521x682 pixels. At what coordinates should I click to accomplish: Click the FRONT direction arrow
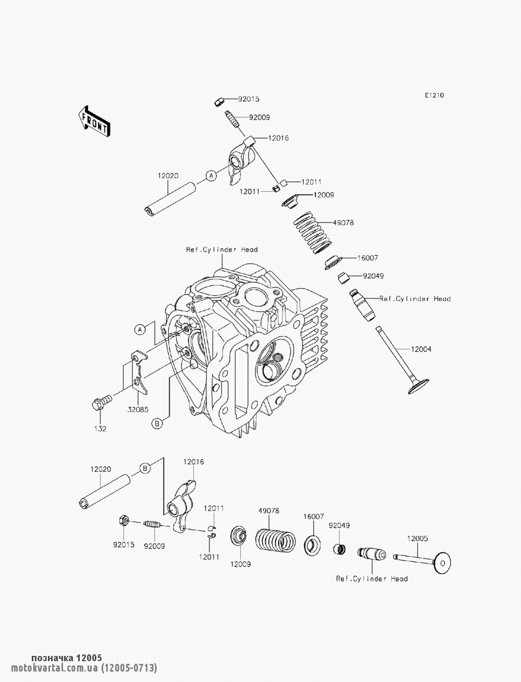(94, 121)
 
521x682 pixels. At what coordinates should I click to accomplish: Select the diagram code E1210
(435, 95)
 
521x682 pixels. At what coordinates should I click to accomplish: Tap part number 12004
(421, 349)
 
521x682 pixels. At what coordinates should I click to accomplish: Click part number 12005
(417, 538)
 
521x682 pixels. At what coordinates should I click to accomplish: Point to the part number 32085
(138, 410)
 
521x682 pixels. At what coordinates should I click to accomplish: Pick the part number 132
(101, 429)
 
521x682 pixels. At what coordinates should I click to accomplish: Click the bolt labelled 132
(101, 401)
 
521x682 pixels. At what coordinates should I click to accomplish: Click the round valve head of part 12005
(442, 563)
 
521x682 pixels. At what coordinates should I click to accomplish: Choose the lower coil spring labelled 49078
(275, 540)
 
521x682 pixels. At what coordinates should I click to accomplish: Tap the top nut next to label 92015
(220, 101)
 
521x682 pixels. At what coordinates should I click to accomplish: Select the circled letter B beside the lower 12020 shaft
(145, 468)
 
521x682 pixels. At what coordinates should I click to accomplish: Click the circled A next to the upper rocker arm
(211, 176)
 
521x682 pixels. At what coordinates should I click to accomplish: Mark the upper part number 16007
(367, 258)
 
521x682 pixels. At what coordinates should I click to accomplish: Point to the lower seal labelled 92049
(340, 549)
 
